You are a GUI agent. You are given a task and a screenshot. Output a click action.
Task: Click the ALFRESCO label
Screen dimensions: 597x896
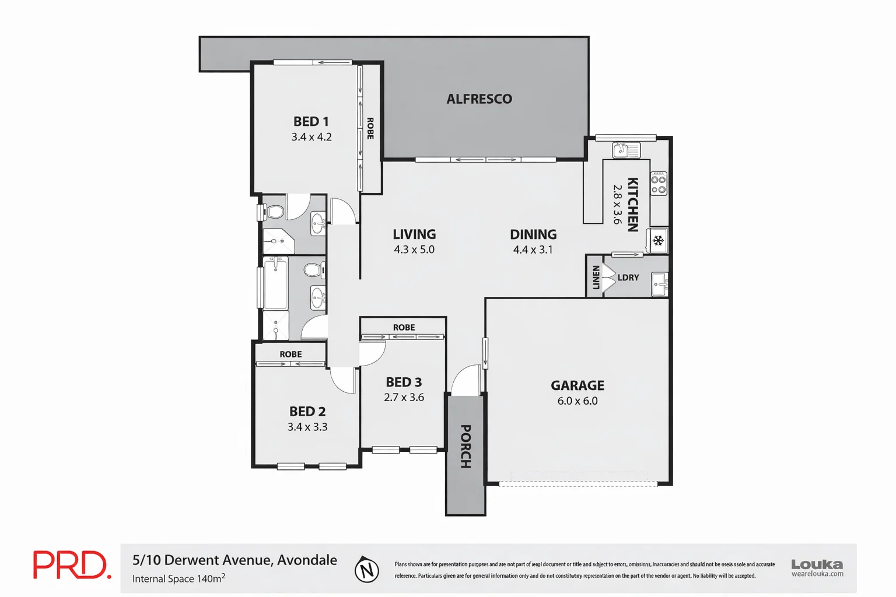click(479, 99)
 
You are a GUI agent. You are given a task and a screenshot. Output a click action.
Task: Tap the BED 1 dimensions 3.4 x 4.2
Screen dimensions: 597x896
click(311, 137)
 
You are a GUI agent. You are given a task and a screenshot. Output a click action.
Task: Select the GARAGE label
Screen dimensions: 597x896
click(577, 385)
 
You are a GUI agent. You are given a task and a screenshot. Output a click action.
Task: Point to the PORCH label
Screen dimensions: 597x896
click(466, 446)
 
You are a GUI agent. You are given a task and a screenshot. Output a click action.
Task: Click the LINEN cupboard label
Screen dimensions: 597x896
click(596, 278)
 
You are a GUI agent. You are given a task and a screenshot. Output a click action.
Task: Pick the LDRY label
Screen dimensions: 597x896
click(628, 278)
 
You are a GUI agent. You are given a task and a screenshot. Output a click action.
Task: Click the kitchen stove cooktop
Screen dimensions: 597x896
click(659, 184)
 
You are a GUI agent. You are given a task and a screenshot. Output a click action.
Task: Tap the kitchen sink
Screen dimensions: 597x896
click(626, 150)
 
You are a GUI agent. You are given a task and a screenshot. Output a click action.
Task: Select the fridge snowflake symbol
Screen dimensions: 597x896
click(658, 241)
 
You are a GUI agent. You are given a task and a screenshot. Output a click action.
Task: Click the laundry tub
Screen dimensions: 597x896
click(659, 285)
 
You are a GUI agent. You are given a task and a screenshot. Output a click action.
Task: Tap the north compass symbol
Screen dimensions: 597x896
click(367, 570)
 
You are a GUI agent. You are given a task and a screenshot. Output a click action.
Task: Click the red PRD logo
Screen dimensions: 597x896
click(71, 565)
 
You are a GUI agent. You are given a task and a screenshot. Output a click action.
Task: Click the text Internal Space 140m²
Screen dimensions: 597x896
click(178, 578)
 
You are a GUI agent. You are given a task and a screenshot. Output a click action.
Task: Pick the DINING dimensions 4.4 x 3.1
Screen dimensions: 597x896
click(533, 250)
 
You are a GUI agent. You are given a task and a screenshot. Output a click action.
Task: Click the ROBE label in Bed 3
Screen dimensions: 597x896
click(404, 327)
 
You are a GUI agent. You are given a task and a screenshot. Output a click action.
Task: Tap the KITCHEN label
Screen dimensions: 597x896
click(632, 204)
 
